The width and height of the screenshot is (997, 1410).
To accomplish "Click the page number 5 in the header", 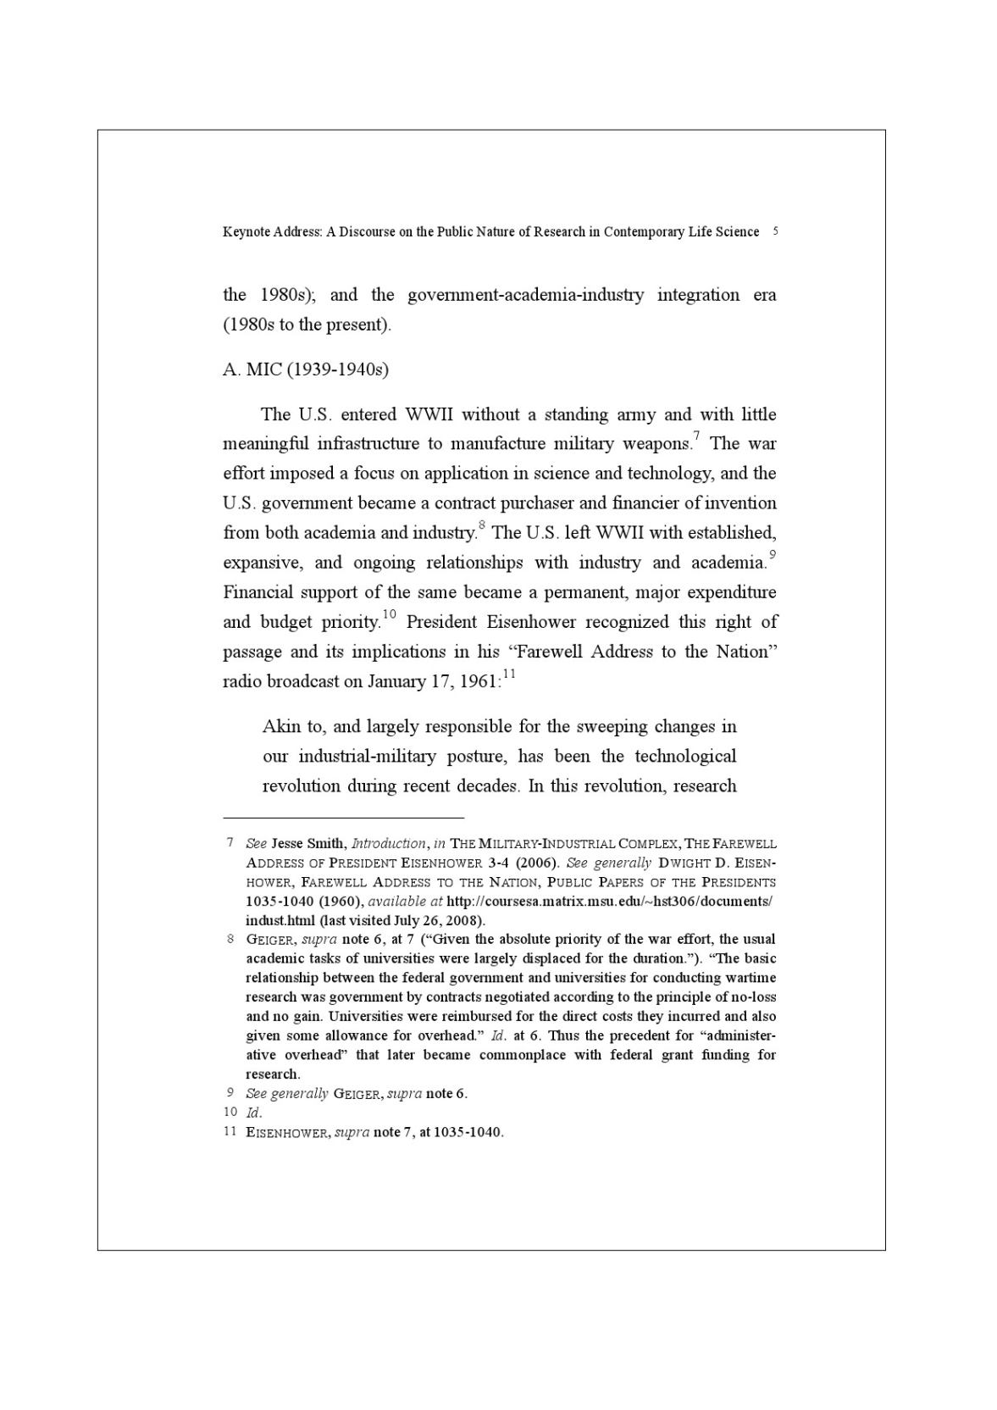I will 776,230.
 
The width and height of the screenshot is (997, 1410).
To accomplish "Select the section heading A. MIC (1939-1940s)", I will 306,369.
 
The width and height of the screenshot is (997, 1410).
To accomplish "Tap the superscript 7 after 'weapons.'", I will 695,436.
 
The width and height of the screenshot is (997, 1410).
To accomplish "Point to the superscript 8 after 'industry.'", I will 481,525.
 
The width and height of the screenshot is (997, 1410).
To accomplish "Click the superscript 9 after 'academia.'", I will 772,554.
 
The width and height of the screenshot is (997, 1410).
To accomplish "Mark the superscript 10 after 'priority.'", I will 390,613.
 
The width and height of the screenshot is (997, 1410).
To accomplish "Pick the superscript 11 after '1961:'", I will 509,674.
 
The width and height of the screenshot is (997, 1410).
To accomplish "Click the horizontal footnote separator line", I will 343,818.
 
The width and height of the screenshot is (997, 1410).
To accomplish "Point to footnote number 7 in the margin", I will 230,843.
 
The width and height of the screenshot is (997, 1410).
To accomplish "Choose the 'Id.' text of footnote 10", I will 253,1113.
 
